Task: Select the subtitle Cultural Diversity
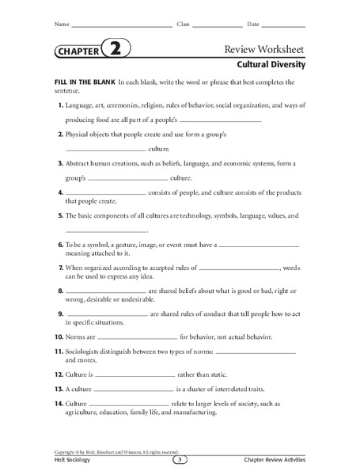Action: pos(271,65)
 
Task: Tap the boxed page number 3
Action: pos(180,460)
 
